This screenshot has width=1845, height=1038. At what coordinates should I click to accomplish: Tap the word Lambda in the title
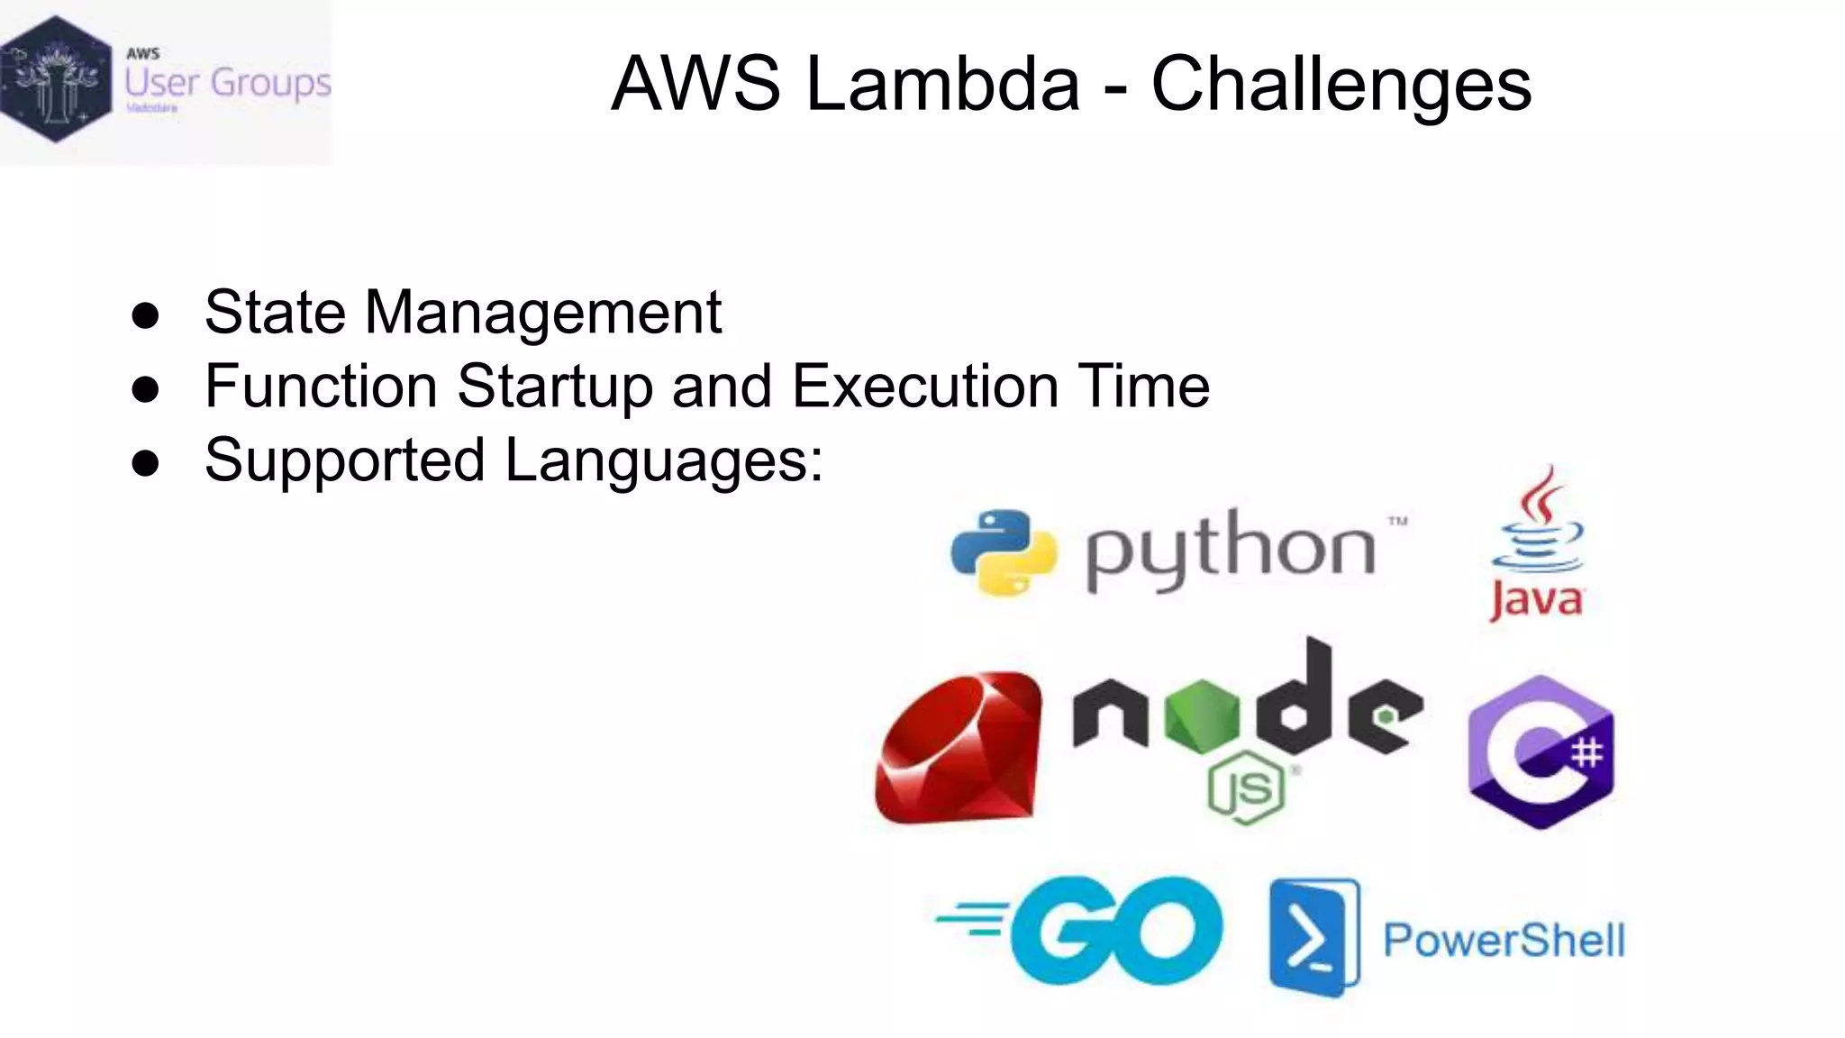point(942,84)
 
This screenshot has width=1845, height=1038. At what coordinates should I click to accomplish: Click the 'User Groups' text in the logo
point(227,83)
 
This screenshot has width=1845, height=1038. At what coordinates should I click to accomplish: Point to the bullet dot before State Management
point(145,315)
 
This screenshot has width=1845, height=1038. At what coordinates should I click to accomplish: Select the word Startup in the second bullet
point(554,387)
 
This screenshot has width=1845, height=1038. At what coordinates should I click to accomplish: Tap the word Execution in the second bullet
point(925,387)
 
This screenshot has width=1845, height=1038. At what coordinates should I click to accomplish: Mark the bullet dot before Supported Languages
point(145,463)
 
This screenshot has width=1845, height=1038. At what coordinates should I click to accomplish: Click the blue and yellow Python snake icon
point(1004,552)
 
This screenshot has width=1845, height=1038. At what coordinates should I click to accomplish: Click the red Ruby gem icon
point(959,748)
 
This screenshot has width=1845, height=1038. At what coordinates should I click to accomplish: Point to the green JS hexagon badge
point(1246,788)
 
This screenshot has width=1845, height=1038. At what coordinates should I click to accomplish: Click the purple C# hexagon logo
point(1541,751)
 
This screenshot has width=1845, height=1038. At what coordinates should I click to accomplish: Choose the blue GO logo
point(1081,930)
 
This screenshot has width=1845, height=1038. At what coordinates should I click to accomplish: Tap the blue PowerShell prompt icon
point(1313,938)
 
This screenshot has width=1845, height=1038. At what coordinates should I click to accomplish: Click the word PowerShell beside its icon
point(1504,941)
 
